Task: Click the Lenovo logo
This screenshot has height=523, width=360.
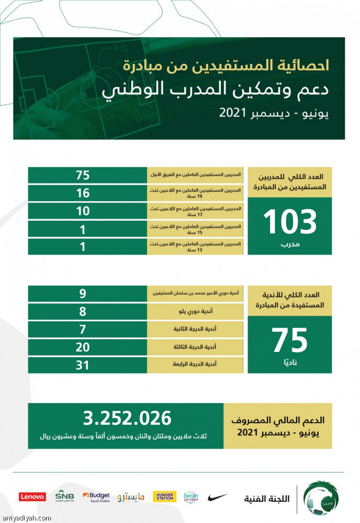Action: click(x=32, y=497)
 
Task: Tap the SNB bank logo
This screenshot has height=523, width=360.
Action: click(x=64, y=496)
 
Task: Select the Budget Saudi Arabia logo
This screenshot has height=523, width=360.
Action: click(x=96, y=496)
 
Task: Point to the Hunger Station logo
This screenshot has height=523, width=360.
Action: click(x=164, y=496)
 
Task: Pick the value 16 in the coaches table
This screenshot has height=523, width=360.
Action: click(x=83, y=194)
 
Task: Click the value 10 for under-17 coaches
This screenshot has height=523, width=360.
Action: click(x=83, y=211)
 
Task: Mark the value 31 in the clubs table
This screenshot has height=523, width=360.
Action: click(x=83, y=365)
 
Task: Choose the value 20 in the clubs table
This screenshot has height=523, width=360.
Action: click(x=83, y=347)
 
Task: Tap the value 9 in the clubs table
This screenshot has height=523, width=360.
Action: click(x=83, y=293)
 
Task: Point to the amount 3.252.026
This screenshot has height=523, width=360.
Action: click(x=127, y=418)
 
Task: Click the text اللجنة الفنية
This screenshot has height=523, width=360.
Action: click(x=266, y=498)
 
